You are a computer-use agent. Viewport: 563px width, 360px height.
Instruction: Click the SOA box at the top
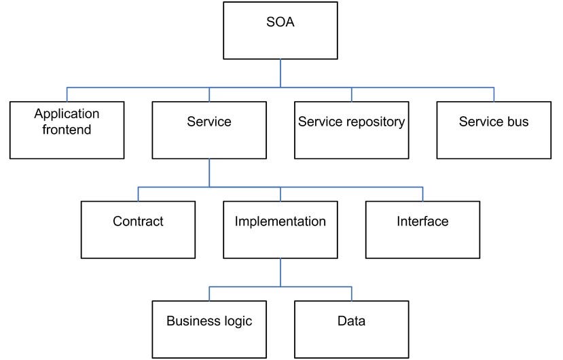point(280,31)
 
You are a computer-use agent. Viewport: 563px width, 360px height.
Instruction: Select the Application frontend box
point(67,130)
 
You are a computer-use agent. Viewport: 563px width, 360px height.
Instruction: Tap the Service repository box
point(352,130)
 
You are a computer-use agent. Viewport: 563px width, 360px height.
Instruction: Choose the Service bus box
point(494,130)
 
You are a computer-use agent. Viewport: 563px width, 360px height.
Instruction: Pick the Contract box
point(139,230)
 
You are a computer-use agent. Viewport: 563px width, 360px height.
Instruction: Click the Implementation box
point(280,230)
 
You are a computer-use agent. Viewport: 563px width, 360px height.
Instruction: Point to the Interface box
point(422,230)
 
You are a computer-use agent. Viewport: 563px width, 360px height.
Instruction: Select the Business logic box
point(209,329)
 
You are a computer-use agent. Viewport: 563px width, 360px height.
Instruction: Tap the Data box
point(352,329)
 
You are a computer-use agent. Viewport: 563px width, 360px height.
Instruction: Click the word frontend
point(67,129)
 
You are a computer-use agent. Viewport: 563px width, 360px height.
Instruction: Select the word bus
point(517,122)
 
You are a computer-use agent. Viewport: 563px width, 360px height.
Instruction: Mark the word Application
point(67,114)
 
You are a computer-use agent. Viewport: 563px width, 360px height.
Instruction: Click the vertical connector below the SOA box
point(280,73)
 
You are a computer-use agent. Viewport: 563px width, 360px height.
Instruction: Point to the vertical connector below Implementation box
point(280,272)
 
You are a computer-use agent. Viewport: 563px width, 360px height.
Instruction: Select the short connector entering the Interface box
point(422,194)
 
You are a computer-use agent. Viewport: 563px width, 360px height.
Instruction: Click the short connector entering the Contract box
point(139,194)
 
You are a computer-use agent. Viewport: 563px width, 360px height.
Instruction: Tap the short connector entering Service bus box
point(494,94)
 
